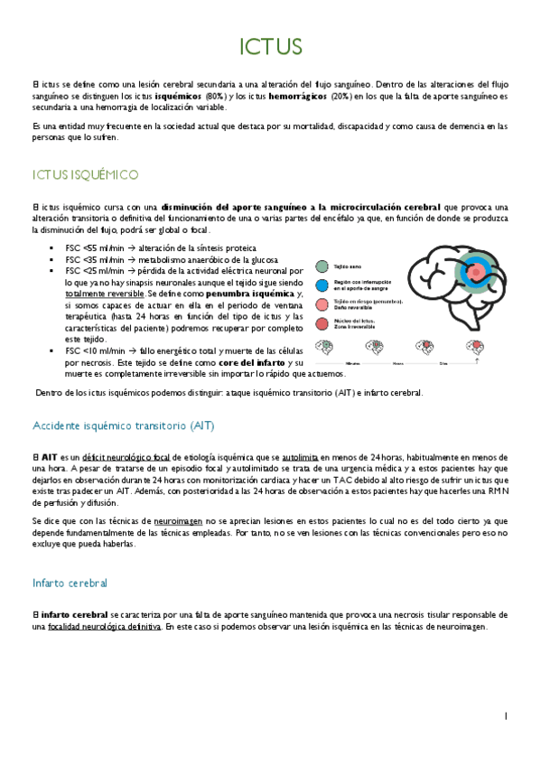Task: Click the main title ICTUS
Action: [x=270, y=46]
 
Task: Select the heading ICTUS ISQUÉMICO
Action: [x=85, y=173]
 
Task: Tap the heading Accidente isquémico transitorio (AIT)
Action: [x=122, y=425]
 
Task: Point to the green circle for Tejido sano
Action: [x=322, y=267]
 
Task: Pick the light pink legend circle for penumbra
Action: [x=322, y=304]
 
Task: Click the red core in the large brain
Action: [x=475, y=272]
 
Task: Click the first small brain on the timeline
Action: [x=324, y=347]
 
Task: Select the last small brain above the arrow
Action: [x=475, y=346]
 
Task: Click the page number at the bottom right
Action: [x=506, y=715]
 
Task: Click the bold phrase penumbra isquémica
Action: [x=249, y=294]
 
